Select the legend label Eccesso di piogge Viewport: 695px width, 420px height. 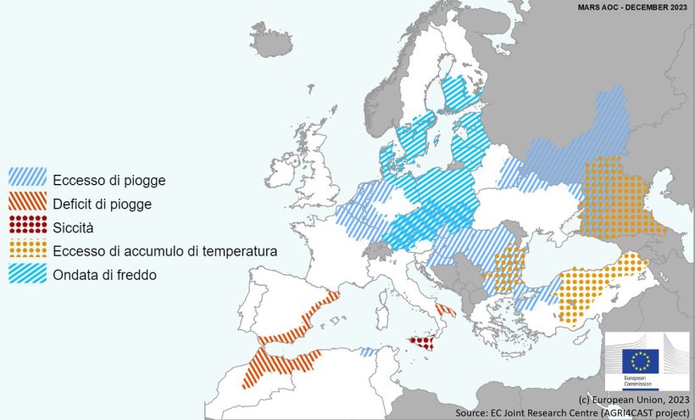coord(108,180)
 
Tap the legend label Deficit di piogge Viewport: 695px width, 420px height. coord(102,204)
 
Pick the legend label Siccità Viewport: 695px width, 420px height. coord(73,227)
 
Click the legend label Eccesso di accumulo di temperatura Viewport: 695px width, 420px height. coord(164,251)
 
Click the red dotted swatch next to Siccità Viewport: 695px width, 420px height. coord(27,227)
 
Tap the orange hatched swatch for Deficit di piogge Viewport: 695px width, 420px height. coord(27,203)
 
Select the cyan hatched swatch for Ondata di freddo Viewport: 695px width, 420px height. coord(27,274)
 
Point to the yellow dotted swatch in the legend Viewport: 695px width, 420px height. coord(27,250)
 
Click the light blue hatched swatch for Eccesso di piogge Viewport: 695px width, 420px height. coord(27,179)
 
